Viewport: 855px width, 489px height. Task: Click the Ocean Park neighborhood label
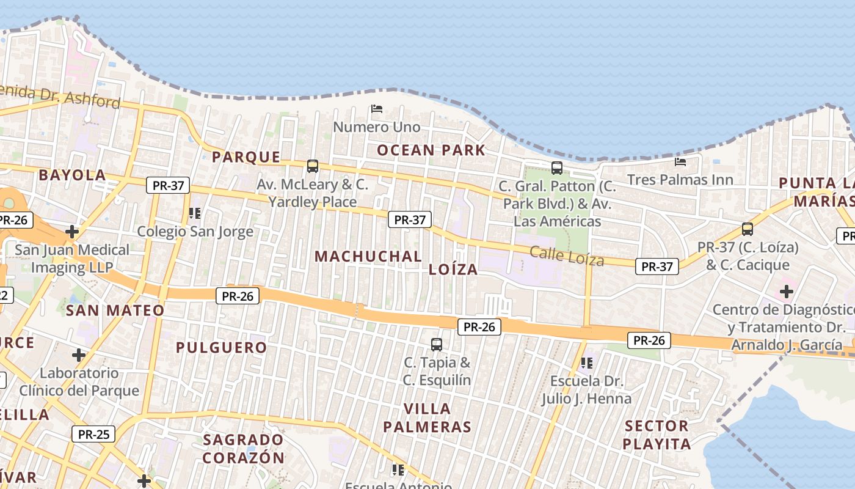coord(431,150)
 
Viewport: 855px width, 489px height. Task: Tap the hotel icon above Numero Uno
coord(377,109)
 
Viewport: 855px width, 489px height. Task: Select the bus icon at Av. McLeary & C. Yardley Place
coord(313,166)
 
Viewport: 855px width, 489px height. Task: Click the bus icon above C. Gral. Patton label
coord(556,167)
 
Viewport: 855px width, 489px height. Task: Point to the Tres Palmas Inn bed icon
coord(680,162)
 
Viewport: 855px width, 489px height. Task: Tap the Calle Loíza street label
coord(567,256)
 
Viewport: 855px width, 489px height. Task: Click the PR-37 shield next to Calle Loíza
coord(657,267)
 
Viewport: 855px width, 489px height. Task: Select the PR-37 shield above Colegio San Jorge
coord(168,185)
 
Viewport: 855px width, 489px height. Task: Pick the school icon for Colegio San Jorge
coord(195,213)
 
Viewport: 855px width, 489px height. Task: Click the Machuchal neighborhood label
coord(368,257)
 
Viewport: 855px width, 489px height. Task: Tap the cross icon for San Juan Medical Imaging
coord(72,232)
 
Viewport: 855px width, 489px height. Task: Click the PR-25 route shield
coord(93,435)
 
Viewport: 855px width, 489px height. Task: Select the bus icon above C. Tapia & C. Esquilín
coord(436,344)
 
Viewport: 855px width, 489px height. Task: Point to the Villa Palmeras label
coord(428,417)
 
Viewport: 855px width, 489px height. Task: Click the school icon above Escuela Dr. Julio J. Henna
coord(587,363)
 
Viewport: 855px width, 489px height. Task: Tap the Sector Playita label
coord(657,435)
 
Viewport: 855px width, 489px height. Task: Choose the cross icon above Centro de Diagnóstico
coord(786,292)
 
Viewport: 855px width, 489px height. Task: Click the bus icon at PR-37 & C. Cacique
coord(748,229)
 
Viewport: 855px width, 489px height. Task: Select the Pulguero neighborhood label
coord(222,348)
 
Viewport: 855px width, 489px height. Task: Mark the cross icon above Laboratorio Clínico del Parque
coord(79,355)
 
